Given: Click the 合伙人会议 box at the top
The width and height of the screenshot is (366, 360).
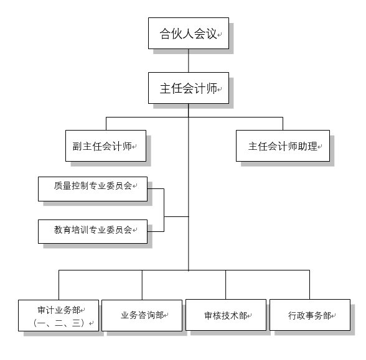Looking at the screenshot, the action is (x=189, y=34).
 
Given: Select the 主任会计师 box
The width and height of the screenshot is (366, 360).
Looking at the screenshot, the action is (x=189, y=88).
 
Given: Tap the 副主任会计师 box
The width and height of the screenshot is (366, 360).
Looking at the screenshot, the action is (x=106, y=145).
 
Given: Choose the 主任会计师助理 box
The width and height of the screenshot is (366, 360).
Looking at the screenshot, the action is (x=283, y=145).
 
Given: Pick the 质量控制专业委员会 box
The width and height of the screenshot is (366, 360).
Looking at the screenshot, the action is (x=93, y=189).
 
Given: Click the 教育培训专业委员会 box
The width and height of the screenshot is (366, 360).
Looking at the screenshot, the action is (x=93, y=231).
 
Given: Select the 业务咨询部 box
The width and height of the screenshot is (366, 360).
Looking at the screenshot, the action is (x=142, y=315).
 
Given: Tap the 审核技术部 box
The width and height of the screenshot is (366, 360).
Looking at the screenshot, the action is (x=226, y=315).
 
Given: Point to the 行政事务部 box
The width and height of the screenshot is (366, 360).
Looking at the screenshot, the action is (x=310, y=315).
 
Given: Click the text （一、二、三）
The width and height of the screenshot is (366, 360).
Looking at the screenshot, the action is (x=59, y=323).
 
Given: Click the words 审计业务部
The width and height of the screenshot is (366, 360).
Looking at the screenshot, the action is (x=59, y=310).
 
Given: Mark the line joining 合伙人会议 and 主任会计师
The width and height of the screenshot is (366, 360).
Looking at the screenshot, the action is (x=189, y=61).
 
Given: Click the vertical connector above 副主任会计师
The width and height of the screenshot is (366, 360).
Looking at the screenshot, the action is (x=106, y=124).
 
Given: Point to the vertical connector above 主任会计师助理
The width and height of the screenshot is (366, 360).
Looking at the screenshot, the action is (x=283, y=124).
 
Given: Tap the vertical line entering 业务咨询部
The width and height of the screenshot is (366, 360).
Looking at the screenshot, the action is (x=142, y=285).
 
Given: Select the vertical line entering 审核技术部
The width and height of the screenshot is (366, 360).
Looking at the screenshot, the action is (x=225, y=285).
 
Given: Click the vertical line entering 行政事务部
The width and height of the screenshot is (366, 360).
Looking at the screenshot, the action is (x=309, y=285).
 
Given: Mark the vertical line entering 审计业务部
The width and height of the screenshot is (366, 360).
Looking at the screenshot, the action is (x=59, y=285).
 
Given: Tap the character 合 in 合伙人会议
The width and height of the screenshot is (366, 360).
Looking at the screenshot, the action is (x=166, y=34).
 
